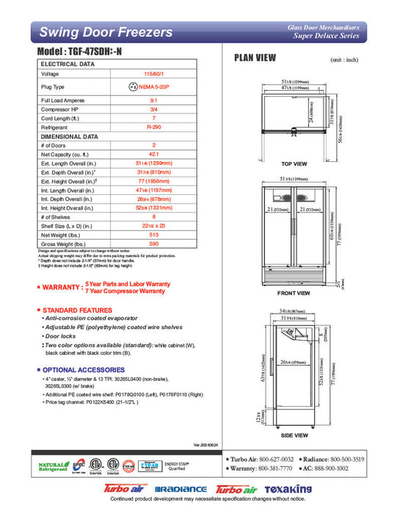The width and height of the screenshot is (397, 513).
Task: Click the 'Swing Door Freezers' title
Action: [x=106, y=32]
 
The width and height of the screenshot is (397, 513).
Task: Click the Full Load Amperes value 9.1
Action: [x=153, y=100]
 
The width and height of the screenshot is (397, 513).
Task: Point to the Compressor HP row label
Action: [x=61, y=108]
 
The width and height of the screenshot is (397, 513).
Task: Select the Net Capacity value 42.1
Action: [x=153, y=155]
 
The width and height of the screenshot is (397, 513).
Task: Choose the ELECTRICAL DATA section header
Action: [x=68, y=64]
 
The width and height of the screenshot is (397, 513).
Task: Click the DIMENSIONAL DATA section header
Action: [x=70, y=136]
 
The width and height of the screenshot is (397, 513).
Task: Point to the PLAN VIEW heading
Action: [x=255, y=59]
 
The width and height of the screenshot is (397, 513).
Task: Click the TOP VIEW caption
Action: [x=294, y=164]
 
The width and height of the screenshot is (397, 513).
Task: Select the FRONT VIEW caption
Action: [x=293, y=293]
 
